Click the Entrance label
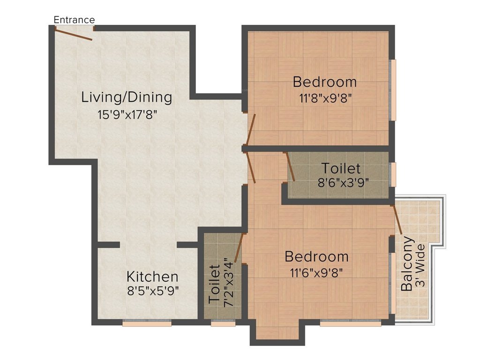pos(74,20)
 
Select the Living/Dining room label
pos(127,97)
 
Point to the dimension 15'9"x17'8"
pos(127,114)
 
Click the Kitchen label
pos(152,276)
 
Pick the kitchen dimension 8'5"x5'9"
pos(153,291)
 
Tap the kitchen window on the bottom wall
pos(146,322)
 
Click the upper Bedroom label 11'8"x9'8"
pos(324,82)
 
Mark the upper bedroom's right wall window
pos(393,90)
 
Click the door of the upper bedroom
pos(251,130)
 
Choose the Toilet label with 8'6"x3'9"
pos(341,168)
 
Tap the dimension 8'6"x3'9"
pos(343,182)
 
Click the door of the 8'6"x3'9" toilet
pos(290,166)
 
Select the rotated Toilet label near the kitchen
pos(214,283)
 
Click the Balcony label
pos(407,264)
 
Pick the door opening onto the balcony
pos(397,219)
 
